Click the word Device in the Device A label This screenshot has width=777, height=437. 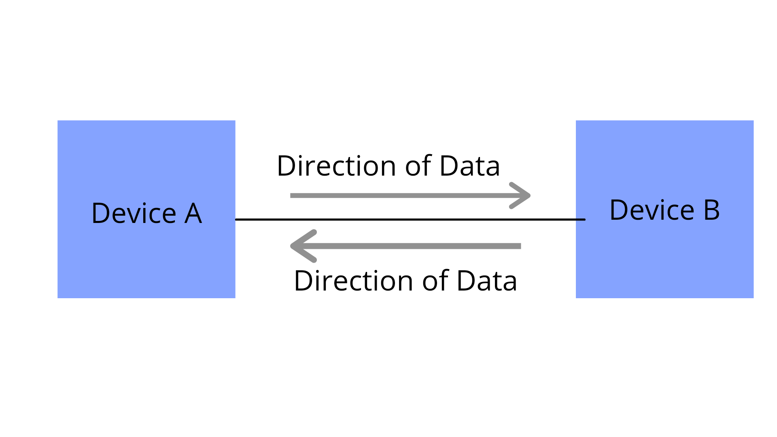click(x=134, y=213)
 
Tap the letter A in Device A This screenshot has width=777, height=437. click(x=193, y=213)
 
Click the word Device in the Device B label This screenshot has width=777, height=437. click(x=652, y=210)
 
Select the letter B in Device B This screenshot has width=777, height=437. click(x=712, y=210)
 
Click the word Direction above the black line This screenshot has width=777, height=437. click(x=336, y=166)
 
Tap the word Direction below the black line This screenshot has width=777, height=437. click(x=353, y=281)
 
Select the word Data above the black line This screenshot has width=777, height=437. click(x=470, y=166)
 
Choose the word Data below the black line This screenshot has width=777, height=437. click(x=487, y=281)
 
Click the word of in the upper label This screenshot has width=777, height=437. click(x=419, y=166)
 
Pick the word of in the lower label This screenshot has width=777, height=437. click(x=436, y=281)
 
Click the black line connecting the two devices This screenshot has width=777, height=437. click(x=405, y=219)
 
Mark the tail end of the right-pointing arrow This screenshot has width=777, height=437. click(x=292, y=196)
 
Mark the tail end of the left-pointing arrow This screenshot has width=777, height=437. click(x=519, y=246)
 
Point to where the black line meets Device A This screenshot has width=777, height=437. click(x=236, y=219)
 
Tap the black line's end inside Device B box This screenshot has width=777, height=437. click(x=584, y=219)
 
